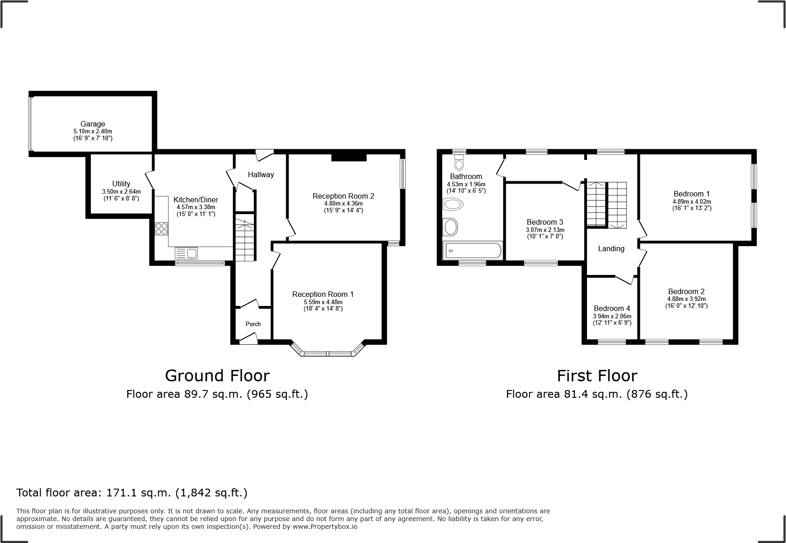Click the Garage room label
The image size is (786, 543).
[x=93, y=124]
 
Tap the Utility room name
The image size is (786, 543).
[x=121, y=184]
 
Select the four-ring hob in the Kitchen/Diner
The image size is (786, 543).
[x=161, y=228]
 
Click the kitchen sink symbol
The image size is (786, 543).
[x=186, y=253]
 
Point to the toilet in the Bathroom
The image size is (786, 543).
[x=459, y=162]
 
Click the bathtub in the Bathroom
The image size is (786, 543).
[x=473, y=251]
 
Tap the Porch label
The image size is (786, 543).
[x=253, y=324]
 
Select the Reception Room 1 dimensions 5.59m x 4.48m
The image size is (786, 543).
[x=323, y=302]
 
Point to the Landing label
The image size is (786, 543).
[x=611, y=248]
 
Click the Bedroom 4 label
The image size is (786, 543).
[x=612, y=308]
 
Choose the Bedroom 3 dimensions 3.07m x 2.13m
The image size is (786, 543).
[x=545, y=230]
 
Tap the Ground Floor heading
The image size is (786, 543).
[x=217, y=376]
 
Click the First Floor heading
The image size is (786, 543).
[x=597, y=376]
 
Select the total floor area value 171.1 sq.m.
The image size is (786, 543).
[x=139, y=493]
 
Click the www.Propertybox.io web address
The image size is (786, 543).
[x=325, y=526]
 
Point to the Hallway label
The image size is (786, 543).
[x=261, y=174]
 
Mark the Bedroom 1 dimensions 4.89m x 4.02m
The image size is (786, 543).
[x=692, y=201]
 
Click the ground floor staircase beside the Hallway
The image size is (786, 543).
[x=245, y=240]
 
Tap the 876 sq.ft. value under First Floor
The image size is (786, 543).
[x=657, y=394]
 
